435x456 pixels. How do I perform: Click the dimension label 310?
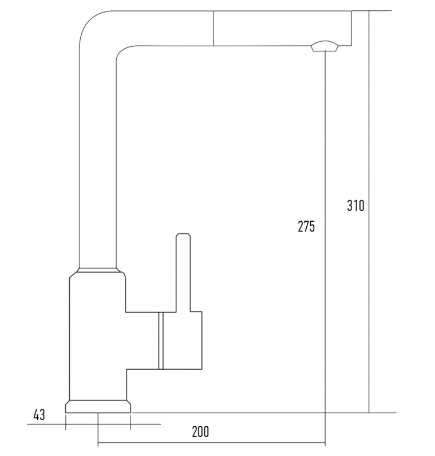(355, 206)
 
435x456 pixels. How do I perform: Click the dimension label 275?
(306, 226)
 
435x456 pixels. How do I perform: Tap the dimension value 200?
(200, 432)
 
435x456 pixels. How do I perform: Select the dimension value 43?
(39, 415)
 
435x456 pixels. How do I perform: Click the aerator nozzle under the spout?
(325, 46)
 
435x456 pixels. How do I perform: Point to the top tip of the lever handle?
(183, 234)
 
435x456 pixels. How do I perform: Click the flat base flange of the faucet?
(98, 406)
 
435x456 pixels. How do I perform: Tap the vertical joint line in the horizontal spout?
(213, 28)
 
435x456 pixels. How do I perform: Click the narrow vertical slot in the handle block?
(161, 341)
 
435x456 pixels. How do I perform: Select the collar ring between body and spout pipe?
(98, 270)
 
